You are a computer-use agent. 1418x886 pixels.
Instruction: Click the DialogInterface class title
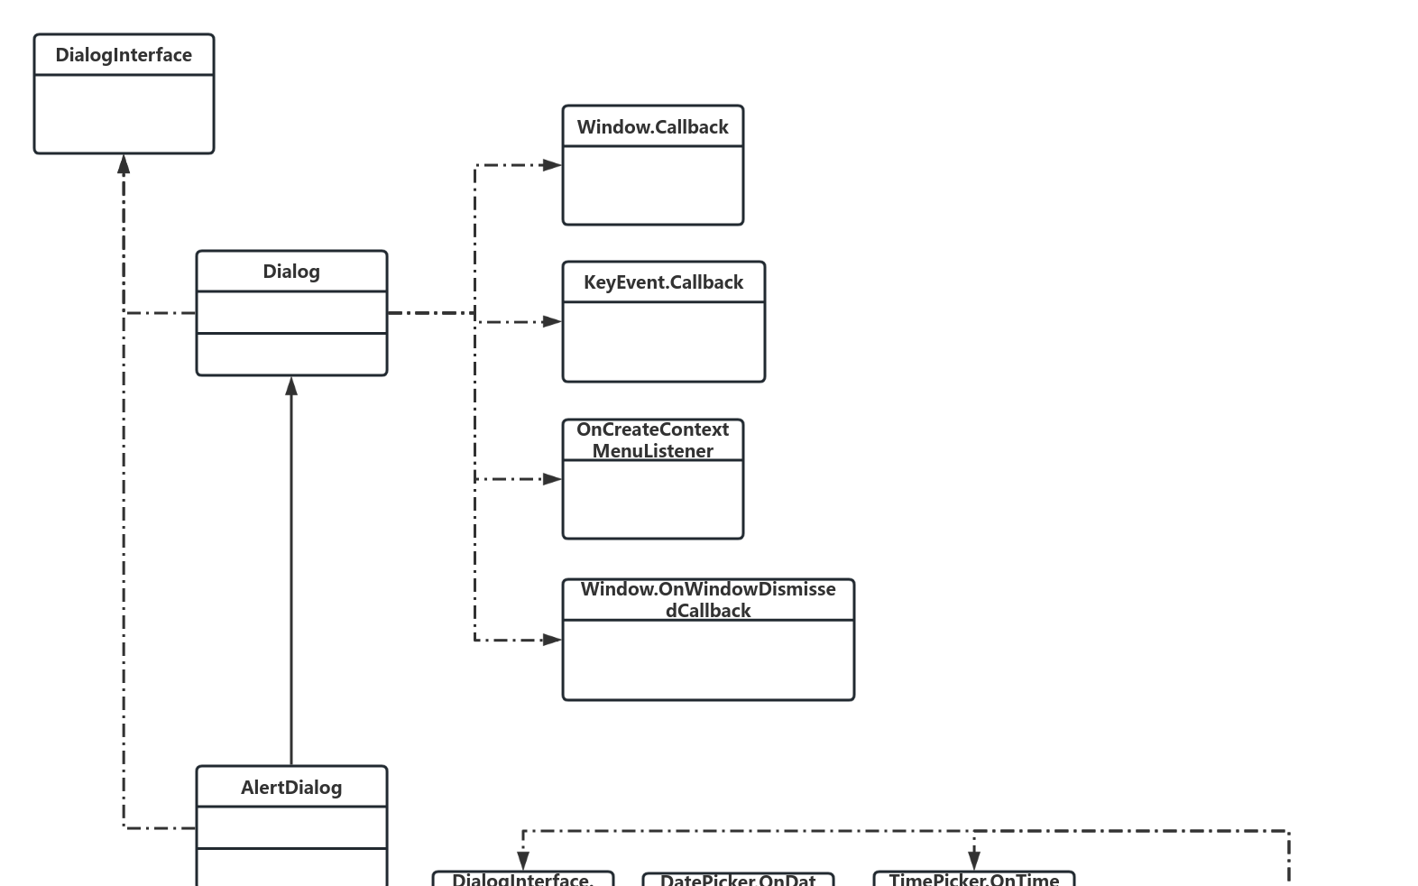pyautogui.click(x=124, y=55)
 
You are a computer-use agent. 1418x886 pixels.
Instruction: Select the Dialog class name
pyautogui.click(x=291, y=272)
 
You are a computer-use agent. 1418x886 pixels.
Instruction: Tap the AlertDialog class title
pyautogui.click(x=291, y=788)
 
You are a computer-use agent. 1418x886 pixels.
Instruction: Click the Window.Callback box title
pyautogui.click(x=652, y=127)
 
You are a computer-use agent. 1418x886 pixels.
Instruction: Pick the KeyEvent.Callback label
pyautogui.click(x=663, y=282)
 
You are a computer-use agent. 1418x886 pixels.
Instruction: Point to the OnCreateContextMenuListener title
pyautogui.click(x=652, y=440)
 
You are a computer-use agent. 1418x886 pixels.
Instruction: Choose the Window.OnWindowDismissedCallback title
pyautogui.click(x=708, y=600)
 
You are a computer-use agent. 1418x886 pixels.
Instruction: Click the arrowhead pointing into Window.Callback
pyautogui.click(x=552, y=165)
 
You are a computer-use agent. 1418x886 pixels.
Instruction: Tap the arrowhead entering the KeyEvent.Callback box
pyautogui.click(x=552, y=321)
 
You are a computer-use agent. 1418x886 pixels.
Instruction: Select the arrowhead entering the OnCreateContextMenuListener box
pyautogui.click(x=552, y=479)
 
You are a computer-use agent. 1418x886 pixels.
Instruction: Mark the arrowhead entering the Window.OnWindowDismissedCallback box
pyautogui.click(x=552, y=640)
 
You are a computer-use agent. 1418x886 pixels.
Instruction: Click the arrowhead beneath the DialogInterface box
pyautogui.click(x=124, y=164)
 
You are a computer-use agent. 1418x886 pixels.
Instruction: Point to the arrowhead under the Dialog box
pyautogui.click(x=291, y=387)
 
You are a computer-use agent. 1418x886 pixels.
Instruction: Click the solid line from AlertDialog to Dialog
pyautogui.click(x=291, y=577)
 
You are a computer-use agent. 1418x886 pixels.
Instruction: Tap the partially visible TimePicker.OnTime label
pyautogui.click(x=973, y=880)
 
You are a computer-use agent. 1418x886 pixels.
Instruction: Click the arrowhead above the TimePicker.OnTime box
pyautogui.click(x=973, y=860)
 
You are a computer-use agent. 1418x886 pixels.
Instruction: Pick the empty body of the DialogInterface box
pyautogui.click(x=124, y=114)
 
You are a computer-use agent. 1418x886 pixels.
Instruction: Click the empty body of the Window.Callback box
pyautogui.click(x=652, y=185)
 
